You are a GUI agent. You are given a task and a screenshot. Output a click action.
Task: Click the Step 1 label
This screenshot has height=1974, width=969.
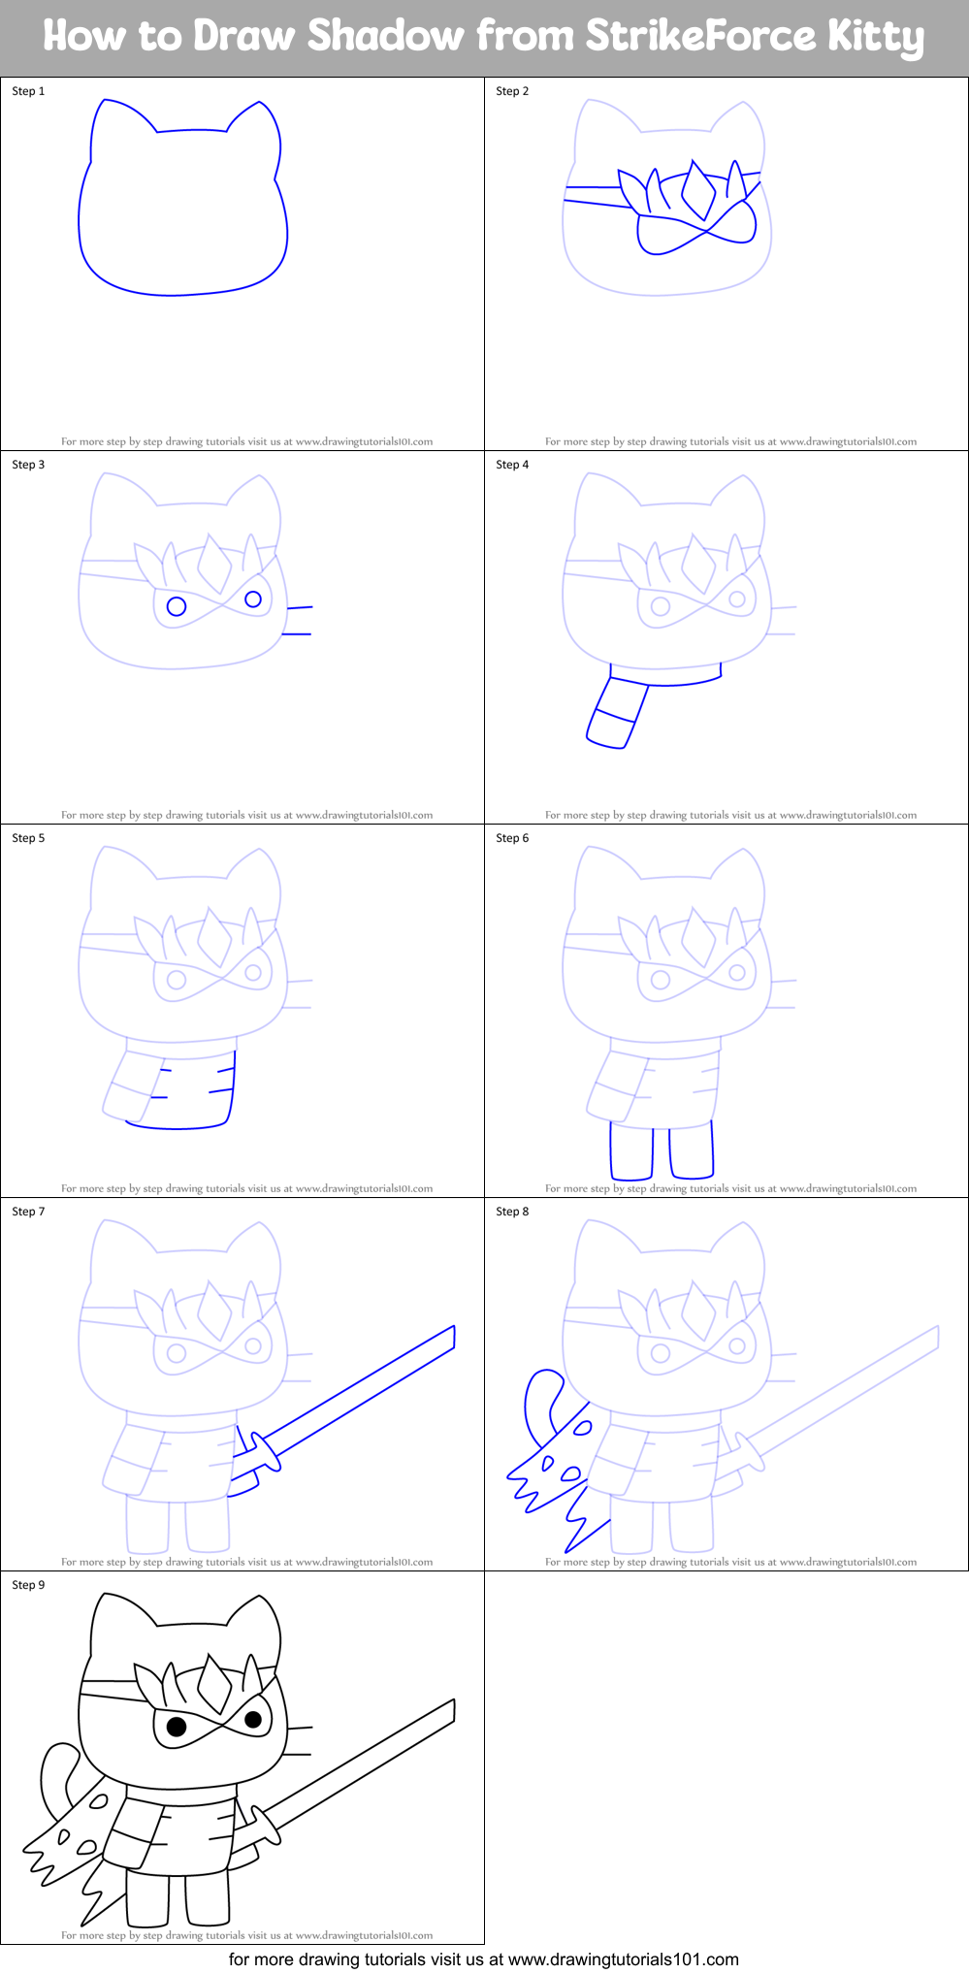(28, 91)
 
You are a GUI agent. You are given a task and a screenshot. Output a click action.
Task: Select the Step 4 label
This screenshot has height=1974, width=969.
(512, 465)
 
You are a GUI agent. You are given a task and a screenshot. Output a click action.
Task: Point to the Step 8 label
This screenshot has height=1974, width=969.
(512, 1212)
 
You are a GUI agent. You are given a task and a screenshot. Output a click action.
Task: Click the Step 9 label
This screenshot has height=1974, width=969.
(28, 1585)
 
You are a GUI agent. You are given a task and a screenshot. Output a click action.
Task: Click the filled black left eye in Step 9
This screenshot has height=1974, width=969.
(177, 1727)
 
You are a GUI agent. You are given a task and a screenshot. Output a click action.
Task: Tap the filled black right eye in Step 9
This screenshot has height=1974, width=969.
(253, 1720)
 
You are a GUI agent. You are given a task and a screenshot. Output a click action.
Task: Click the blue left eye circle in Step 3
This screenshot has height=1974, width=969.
(177, 606)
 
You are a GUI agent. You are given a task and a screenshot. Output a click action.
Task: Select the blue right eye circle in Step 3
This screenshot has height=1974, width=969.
(253, 599)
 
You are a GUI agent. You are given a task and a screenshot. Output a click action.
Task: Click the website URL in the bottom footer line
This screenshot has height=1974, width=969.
(623, 1959)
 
